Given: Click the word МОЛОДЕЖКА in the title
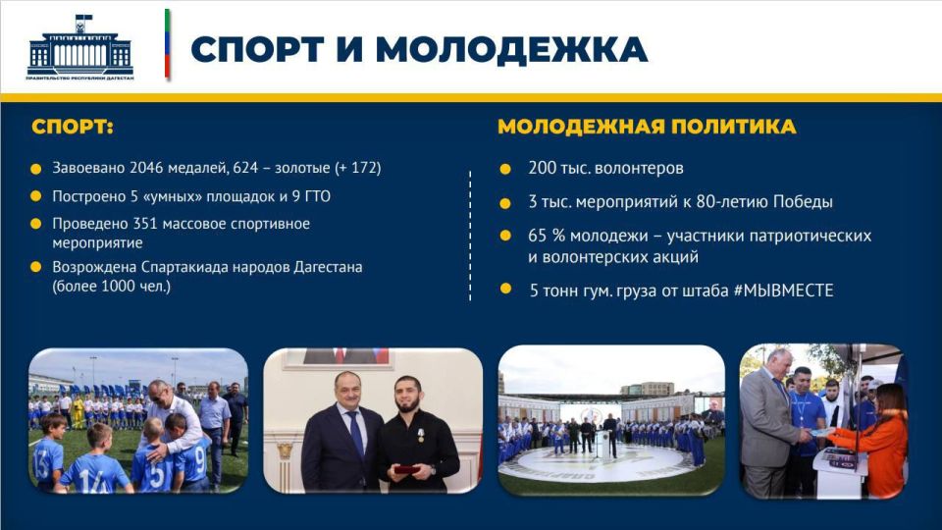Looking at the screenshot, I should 510,49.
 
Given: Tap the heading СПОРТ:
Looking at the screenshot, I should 73,128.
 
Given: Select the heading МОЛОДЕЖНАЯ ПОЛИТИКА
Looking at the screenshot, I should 647,128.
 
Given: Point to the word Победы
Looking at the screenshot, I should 804,202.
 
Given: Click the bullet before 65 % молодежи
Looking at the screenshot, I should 505,236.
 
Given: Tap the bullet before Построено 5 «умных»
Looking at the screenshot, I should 36,196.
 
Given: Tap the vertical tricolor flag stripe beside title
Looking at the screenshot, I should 168,45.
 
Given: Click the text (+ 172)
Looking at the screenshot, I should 357,168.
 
